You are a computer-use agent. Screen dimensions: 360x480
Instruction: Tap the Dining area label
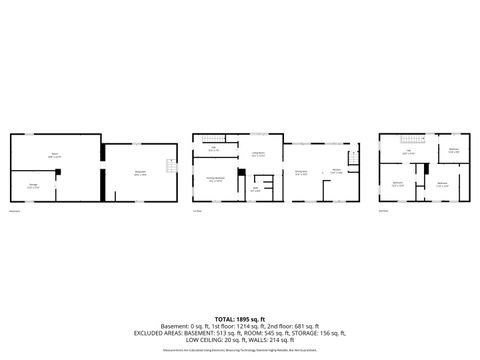301,171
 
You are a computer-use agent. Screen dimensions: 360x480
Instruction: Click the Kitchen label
336,171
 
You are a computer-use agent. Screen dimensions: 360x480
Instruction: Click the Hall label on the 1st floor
214,149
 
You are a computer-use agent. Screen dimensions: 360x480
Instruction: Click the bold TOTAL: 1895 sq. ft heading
240,318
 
